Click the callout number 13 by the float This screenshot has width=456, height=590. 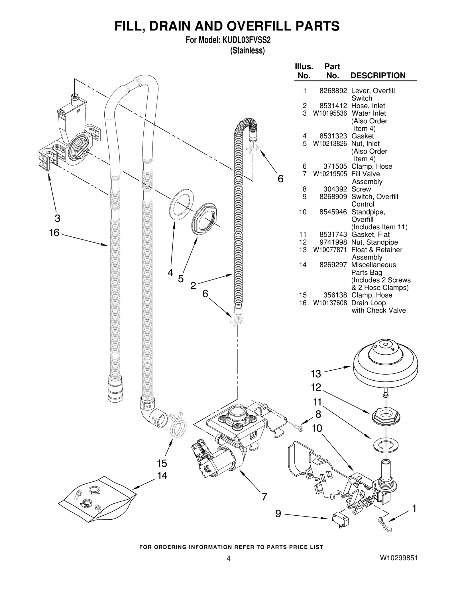(316, 373)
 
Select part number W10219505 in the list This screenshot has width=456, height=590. (330, 174)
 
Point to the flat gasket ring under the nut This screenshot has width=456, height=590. (385, 445)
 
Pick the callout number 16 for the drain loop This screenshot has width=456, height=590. (54, 233)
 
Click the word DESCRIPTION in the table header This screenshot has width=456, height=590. (378, 75)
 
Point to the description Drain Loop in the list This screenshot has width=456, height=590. (368, 303)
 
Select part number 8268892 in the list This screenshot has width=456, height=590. (333, 91)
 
